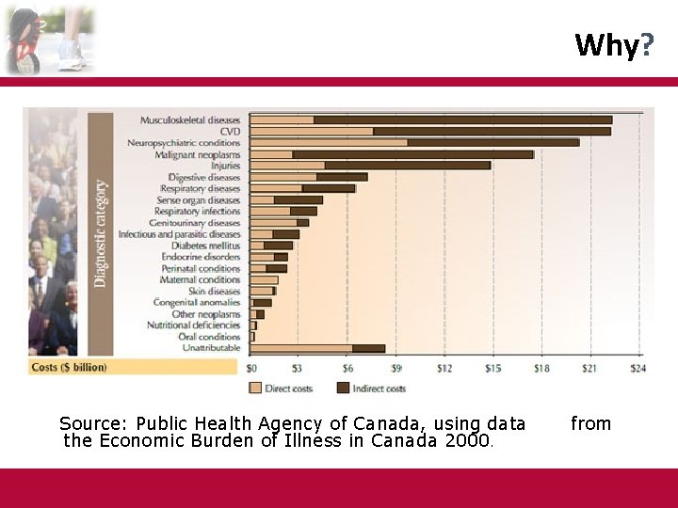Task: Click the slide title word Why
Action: [x=606, y=44]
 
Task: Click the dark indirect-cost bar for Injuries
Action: [x=407, y=166]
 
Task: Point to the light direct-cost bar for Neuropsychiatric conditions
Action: [x=329, y=142]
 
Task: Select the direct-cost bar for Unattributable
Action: [x=301, y=348]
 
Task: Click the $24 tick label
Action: [x=638, y=368]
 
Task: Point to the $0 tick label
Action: [x=251, y=368]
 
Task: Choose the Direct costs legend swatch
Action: [x=255, y=388]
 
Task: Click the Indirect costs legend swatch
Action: [x=344, y=388]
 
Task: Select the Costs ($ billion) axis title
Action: [x=70, y=367]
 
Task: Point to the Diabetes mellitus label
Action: [x=206, y=246]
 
